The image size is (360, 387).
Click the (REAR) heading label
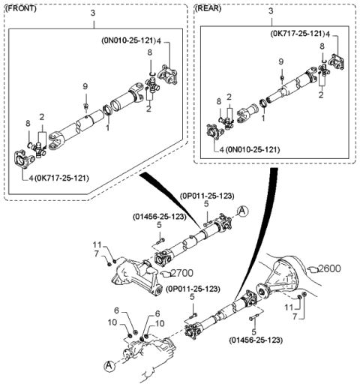(209, 8)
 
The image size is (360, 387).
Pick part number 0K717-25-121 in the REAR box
(297, 34)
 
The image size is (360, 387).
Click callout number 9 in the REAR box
(281, 61)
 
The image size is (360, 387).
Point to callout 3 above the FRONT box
(92, 13)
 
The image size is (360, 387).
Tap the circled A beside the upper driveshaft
(241, 212)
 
